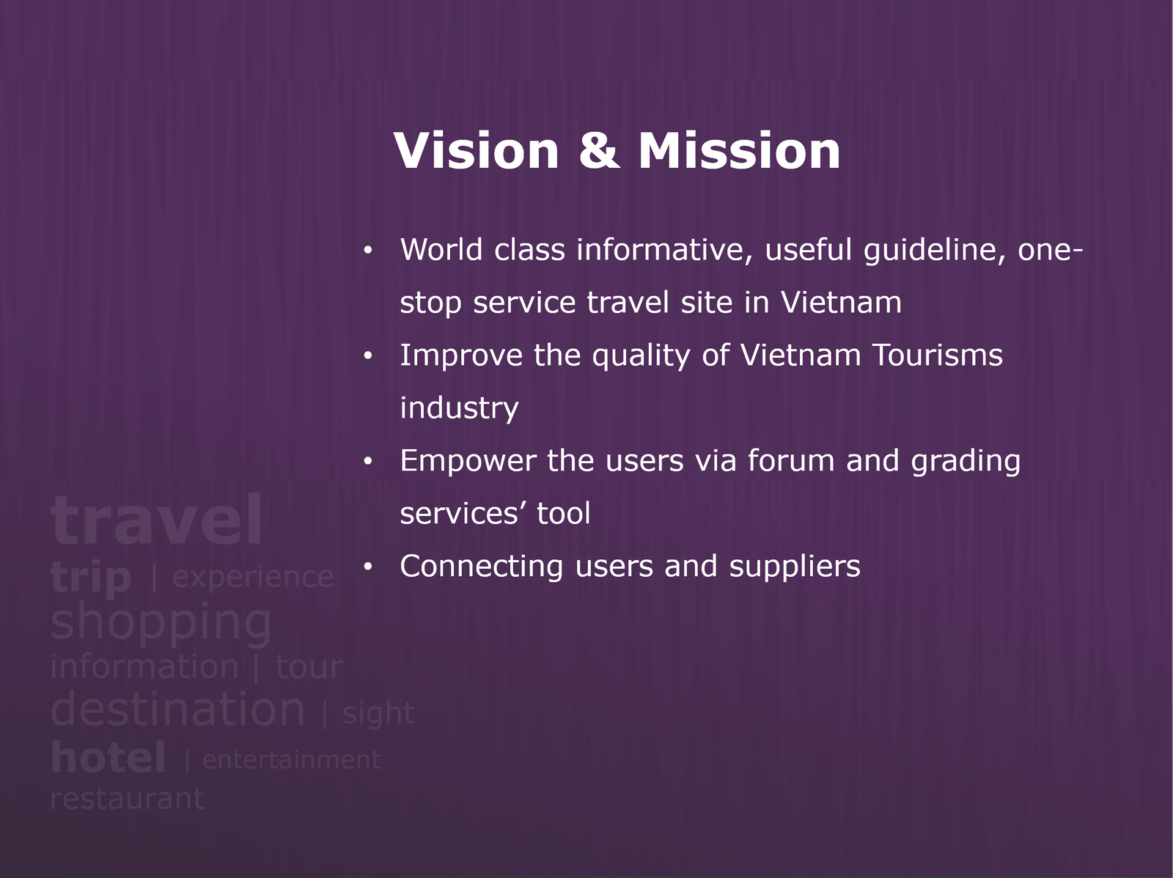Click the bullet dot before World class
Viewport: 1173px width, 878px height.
(368, 250)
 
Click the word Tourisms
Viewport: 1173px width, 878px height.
(938, 355)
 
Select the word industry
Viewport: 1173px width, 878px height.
(459, 409)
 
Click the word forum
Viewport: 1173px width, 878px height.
(791, 460)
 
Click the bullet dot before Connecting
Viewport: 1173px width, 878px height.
(368, 566)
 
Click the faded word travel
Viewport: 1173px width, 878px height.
(156, 519)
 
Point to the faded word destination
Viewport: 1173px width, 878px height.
(177, 709)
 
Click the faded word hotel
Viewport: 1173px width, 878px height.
(108, 757)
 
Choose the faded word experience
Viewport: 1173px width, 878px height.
(253, 578)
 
